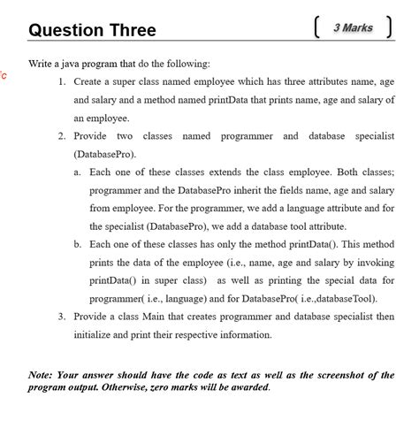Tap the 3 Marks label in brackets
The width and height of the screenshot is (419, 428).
(353, 28)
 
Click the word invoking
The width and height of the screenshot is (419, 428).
(375, 263)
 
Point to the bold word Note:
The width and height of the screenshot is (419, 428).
(42, 375)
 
